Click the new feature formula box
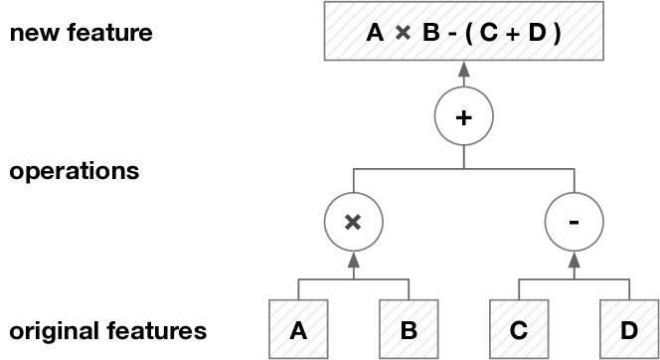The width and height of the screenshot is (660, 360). click(x=462, y=34)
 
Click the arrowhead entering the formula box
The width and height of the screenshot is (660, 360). click(x=462, y=69)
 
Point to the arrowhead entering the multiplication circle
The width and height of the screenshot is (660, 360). click(x=352, y=258)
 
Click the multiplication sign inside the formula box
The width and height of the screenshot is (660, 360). click(x=402, y=34)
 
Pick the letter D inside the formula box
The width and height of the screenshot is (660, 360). click(x=538, y=34)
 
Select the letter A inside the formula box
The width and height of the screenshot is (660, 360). click(x=375, y=34)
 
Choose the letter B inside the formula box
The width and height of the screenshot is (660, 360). click(x=427, y=34)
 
